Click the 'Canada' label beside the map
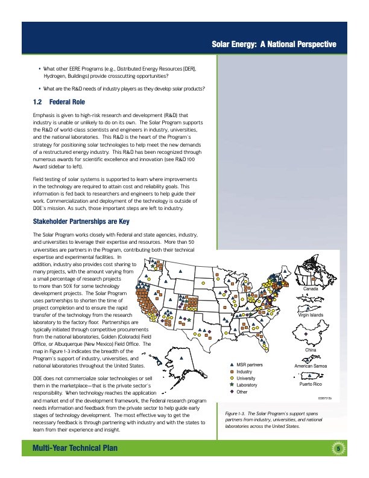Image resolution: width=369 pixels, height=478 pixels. [x=311, y=288]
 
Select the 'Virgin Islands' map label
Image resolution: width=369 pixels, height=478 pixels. [x=311, y=315]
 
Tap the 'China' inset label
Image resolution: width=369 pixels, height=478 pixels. [x=311, y=350]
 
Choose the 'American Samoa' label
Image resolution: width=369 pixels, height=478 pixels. [x=311, y=366]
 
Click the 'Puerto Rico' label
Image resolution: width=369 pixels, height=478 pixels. [x=311, y=384]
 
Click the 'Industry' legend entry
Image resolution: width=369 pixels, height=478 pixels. [x=245, y=372]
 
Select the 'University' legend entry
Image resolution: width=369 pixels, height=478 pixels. [x=246, y=378]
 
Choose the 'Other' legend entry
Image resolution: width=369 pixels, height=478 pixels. [x=242, y=392]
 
